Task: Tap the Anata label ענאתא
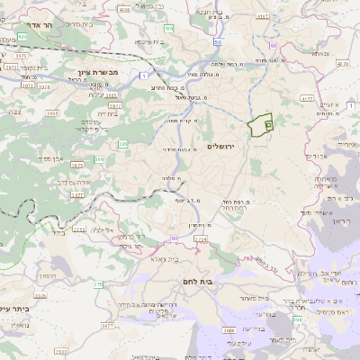pos(319,53)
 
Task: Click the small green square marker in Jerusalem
pos(268,125)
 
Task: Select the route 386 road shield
pos(99,159)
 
